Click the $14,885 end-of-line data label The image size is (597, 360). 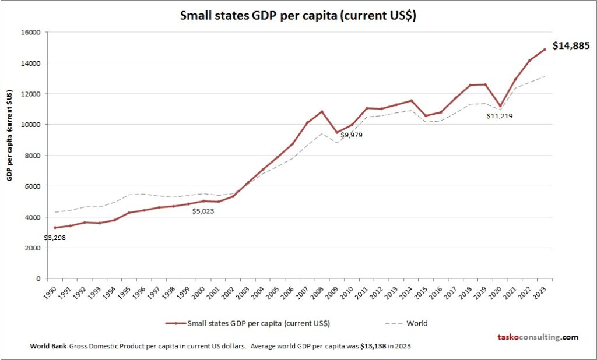pyautogui.click(x=571, y=45)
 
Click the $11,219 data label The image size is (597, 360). pyautogui.click(x=499, y=116)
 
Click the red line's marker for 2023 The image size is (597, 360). pyautogui.click(x=545, y=50)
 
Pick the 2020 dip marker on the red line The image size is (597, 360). pyautogui.click(x=500, y=106)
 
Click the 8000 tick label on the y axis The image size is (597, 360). pyautogui.click(x=31, y=156)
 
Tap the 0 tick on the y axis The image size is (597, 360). pyautogui.click(x=37, y=278)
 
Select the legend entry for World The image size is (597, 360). pyautogui.click(x=411, y=323)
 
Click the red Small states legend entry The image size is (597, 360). pyautogui.click(x=251, y=323)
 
